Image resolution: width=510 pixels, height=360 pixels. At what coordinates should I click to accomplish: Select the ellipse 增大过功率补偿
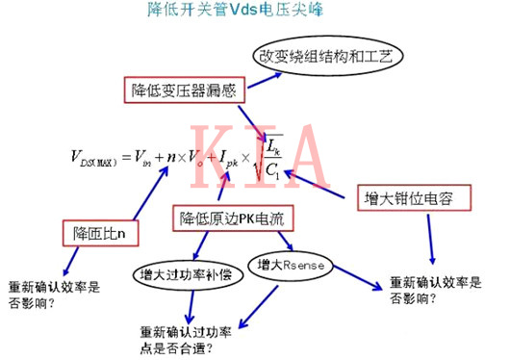[x=186, y=270]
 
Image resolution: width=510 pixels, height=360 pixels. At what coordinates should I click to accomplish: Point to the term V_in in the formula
[x=140, y=158]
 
